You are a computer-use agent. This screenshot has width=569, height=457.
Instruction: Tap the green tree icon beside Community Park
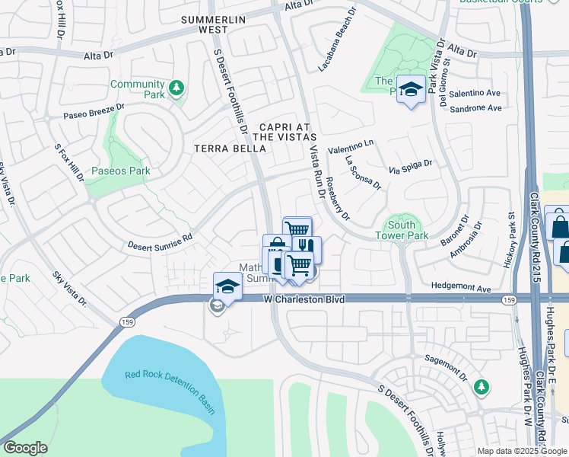[176, 89]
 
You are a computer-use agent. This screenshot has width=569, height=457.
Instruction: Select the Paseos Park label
[120, 171]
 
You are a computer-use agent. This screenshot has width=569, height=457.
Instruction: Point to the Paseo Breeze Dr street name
[93, 112]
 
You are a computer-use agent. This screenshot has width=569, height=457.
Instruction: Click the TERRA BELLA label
[229, 148]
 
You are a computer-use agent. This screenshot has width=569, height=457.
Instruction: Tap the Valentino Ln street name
[351, 143]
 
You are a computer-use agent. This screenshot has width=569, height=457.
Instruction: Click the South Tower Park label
[401, 230]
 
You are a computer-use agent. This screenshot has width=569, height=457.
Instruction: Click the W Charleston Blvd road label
[304, 300]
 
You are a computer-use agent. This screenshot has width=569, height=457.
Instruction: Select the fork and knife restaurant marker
[307, 246]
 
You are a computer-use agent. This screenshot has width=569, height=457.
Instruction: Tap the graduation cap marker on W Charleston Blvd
[227, 286]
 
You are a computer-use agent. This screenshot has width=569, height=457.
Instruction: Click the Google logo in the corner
[25, 448]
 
